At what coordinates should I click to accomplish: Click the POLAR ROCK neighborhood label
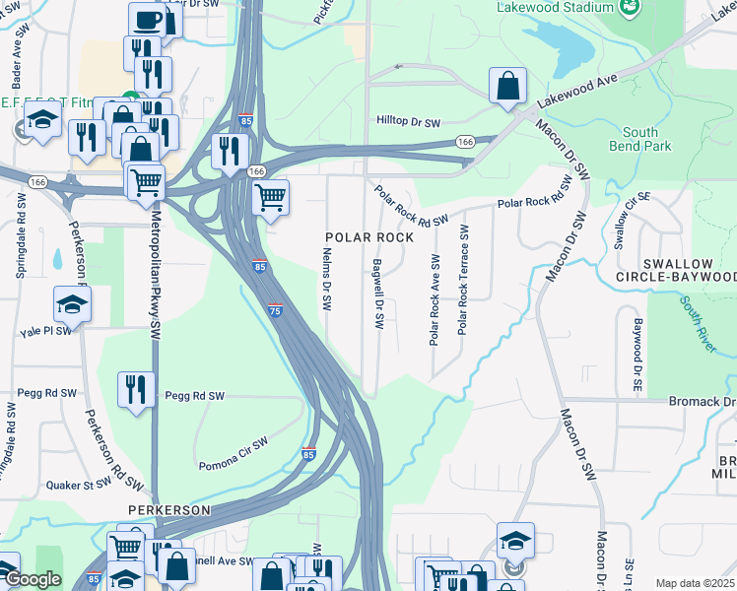point(370,237)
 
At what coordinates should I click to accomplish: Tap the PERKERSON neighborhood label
point(168,510)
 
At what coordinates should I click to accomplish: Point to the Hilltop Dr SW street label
point(409,120)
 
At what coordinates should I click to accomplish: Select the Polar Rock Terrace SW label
point(462,280)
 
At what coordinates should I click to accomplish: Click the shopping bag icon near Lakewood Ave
point(507,86)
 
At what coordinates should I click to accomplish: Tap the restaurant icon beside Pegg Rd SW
point(136,389)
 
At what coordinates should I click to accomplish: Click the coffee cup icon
point(147,20)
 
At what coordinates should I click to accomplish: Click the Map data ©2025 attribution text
point(694,583)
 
